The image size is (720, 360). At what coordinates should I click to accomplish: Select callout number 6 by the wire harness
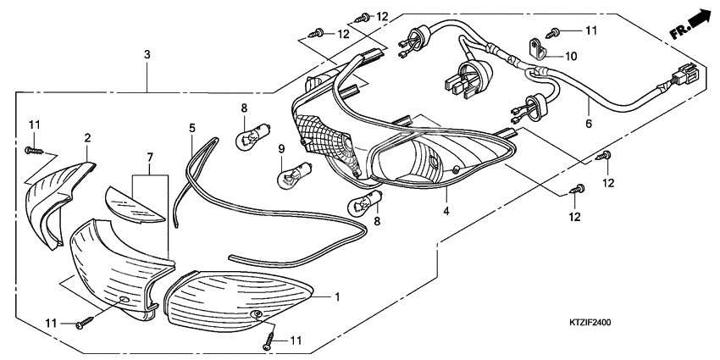click(x=590, y=124)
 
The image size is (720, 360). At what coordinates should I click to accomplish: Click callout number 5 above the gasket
click(x=192, y=128)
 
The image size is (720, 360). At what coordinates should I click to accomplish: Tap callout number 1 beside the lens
click(x=336, y=297)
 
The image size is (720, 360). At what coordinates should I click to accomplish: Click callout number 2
click(x=86, y=137)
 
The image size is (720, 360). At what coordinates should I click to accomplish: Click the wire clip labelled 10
click(x=534, y=48)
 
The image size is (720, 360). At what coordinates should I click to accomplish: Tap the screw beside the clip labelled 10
click(x=553, y=32)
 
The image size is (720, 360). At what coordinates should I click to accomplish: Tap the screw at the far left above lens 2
click(x=32, y=149)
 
